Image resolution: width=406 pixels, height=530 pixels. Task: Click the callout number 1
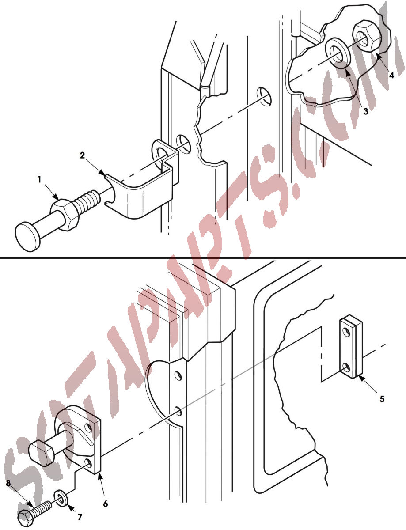pyautogui.click(x=39, y=180)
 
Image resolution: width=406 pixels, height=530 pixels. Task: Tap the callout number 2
pyautogui.click(x=83, y=155)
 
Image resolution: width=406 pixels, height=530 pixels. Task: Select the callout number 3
pyautogui.click(x=366, y=111)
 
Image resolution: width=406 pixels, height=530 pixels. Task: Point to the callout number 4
pyautogui.click(x=391, y=75)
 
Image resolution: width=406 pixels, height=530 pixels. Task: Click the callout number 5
pyautogui.click(x=382, y=399)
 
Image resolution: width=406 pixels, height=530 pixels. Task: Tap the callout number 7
pyautogui.click(x=80, y=517)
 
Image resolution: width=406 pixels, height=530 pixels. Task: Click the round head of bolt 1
pyautogui.click(x=27, y=236)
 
